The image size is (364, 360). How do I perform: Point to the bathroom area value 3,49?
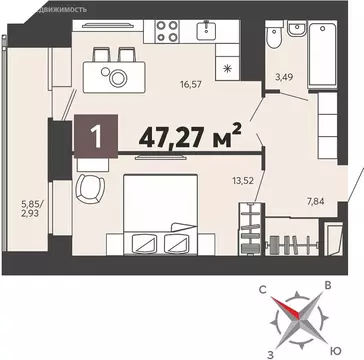coord(285,73)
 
